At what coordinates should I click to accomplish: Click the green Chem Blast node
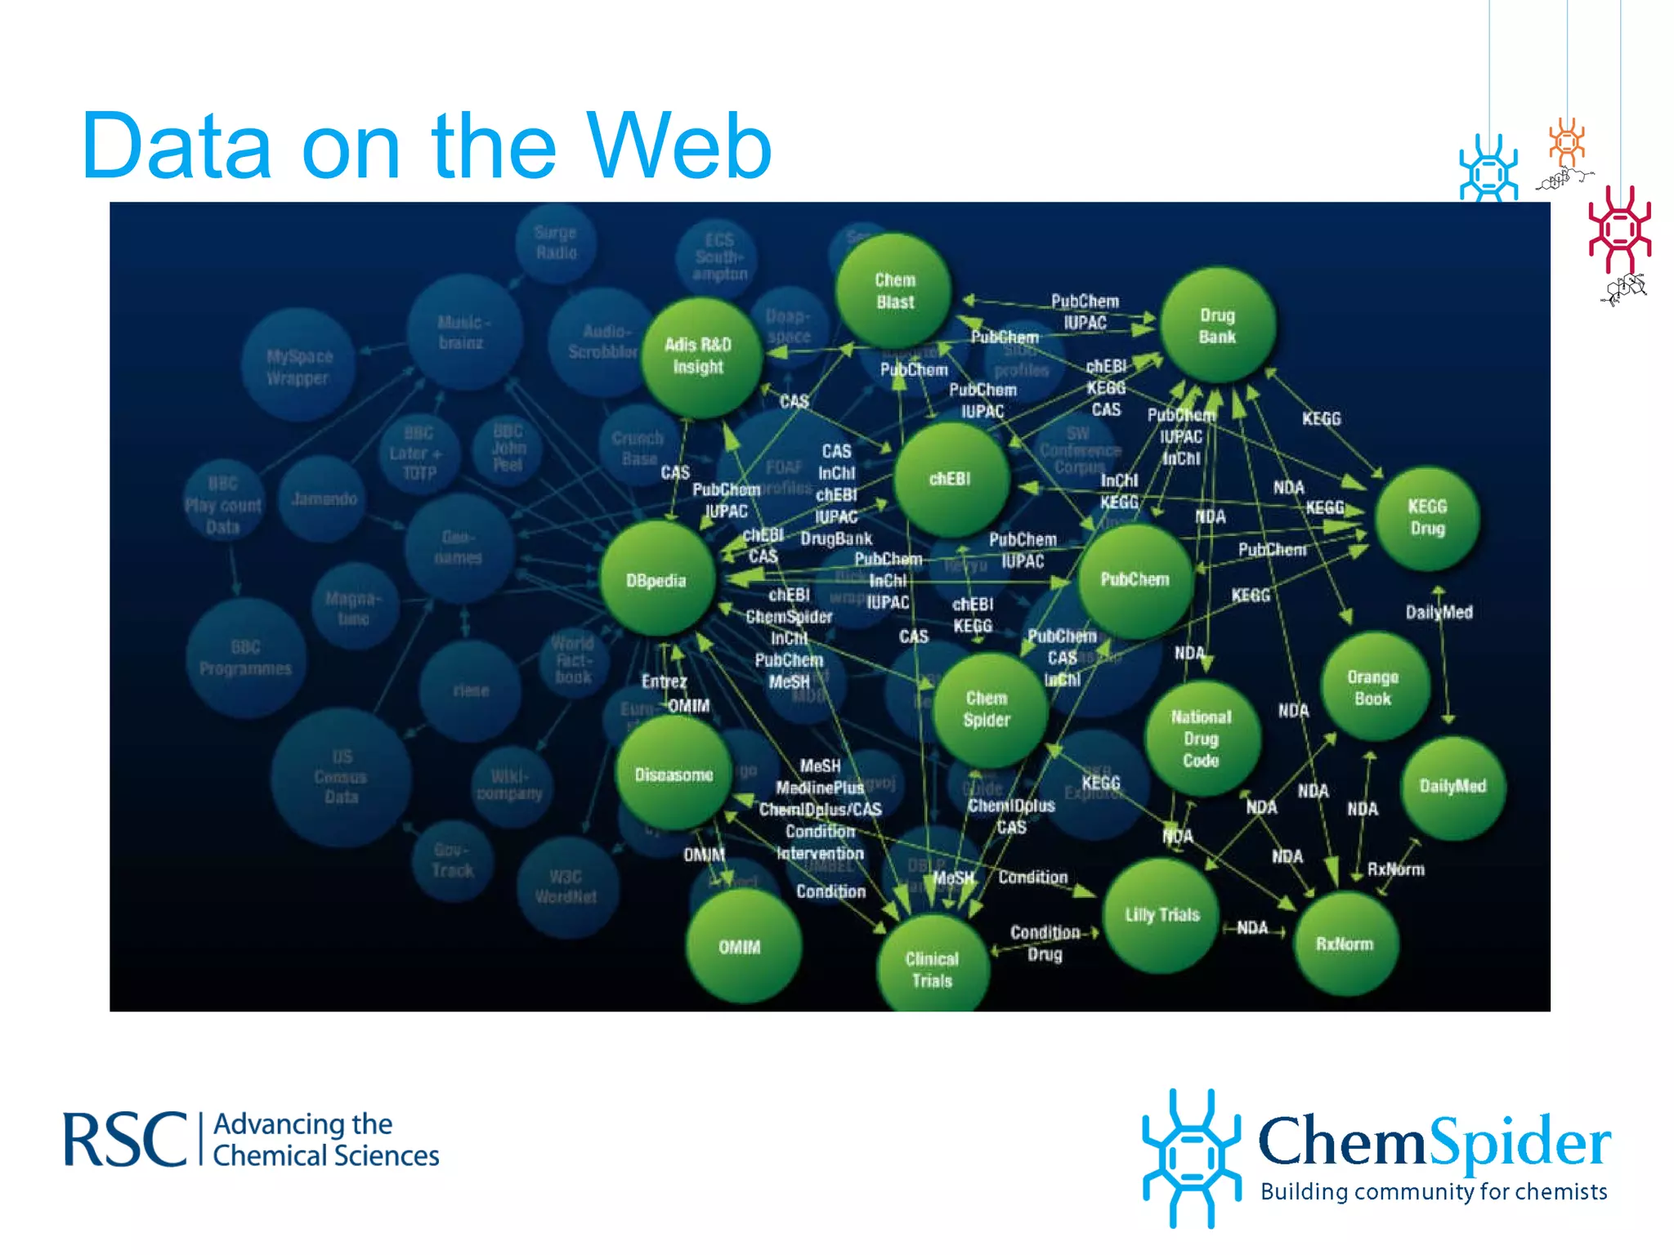894,291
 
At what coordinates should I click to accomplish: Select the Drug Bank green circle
1217,325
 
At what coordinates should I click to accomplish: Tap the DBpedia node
656,580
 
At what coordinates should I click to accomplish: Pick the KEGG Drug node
1426,517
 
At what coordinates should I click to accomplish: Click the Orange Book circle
1373,687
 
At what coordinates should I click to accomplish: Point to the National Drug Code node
1201,739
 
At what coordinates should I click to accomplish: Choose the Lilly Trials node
1162,914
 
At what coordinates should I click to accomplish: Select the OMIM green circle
741,947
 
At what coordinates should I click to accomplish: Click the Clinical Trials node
932,969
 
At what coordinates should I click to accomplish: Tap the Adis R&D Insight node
699,356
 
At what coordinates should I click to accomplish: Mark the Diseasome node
674,774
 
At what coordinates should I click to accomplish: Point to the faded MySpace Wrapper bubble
298,367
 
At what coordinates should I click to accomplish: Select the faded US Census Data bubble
341,776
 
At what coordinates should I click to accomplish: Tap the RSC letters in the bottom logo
125,1140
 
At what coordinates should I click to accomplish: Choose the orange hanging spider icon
1566,143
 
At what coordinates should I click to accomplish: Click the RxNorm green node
1345,944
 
